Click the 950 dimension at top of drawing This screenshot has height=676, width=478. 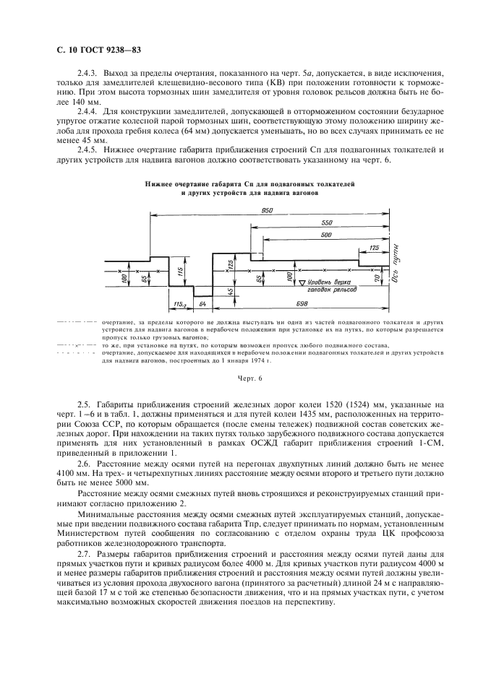[269, 210]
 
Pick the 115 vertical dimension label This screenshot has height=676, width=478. [179, 270]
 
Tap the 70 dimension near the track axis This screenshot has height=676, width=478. [377, 277]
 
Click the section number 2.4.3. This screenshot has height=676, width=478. [87, 74]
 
